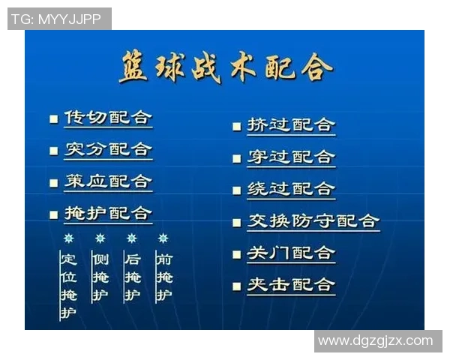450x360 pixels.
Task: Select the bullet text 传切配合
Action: coord(108,118)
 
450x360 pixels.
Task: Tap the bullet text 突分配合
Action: coord(108,149)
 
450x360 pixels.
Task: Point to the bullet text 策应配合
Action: coord(108,181)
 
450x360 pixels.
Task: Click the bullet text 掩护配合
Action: coord(108,214)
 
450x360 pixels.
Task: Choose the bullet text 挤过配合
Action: coord(291,124)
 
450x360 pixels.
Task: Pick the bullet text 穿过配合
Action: coord(291,157)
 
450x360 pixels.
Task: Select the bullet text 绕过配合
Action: coord(291,189)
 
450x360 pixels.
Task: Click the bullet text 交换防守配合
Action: coord(313,221)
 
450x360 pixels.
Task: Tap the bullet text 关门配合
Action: coord(291,253)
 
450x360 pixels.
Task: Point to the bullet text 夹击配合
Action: coord(291,285)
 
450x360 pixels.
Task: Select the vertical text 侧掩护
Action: coord(100,277)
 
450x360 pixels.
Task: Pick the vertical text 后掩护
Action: coord(133,277)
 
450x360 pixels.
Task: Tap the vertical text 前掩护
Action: coord(164,277)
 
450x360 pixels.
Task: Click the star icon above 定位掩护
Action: coord(69,238)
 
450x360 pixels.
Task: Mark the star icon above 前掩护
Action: coord(163,238)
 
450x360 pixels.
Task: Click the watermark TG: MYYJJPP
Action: coord(58,19)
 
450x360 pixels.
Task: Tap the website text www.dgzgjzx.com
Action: coord(376,341)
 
